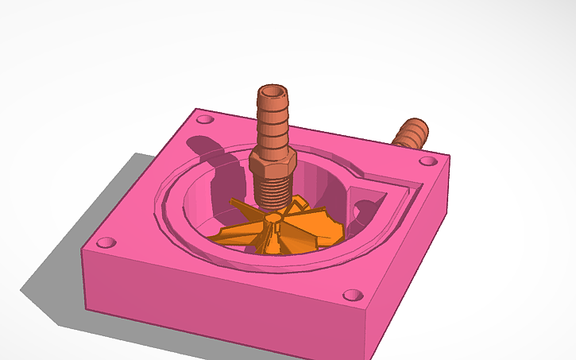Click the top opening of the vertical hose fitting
click(x=273, y=92)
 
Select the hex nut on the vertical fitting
click(x=273, y=163)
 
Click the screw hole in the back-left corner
click(x=205, y=120)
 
